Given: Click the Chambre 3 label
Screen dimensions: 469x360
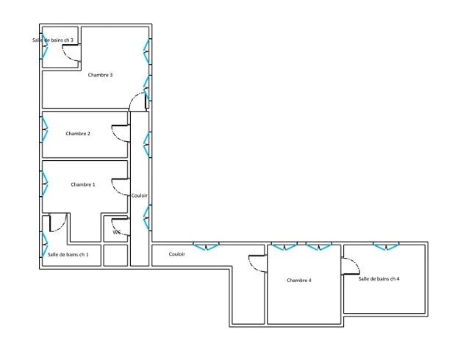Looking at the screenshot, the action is pos(100,75).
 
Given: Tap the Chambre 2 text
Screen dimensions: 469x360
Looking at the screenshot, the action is pos(78,134).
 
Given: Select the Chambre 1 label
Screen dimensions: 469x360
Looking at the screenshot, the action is pos(83,184).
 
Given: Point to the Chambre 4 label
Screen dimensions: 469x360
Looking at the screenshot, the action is pos(299,280).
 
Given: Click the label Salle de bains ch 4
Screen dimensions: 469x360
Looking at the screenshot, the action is pos(379,278).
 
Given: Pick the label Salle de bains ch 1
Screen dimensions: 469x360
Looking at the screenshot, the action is pos(68,254).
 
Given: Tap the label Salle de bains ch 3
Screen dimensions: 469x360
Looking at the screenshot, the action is pos(53,40).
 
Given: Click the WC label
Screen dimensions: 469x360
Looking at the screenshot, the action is pos(117,232).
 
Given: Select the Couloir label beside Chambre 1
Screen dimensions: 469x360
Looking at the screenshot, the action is pos(140,195).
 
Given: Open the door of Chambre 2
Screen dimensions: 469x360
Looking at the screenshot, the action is pos(121,133).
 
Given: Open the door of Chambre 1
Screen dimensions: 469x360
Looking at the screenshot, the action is pos(121,187).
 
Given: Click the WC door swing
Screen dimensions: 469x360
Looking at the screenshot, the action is pos(121,227).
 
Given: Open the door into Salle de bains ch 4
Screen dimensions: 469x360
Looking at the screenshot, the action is pos(351,266).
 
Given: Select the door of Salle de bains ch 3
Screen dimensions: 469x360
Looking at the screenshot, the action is pos(71,53).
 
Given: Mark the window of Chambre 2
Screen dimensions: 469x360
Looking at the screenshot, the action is pos(44,129).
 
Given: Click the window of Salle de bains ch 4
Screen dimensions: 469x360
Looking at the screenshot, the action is pos(386,246).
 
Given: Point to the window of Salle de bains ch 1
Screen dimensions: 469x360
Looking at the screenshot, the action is pos(44,245).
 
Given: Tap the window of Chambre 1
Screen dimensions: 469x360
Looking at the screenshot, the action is pos(44,184).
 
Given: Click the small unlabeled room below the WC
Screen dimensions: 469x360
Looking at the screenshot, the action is pos(115,256).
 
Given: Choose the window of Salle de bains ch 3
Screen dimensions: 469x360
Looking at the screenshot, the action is pos(44,46).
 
